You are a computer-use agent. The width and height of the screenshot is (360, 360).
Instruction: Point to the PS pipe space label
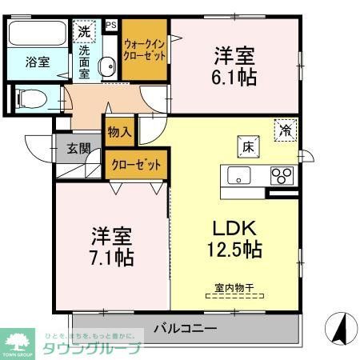pos(111,26)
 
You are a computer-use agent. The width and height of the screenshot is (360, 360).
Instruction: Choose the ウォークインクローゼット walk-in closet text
pos(145,51)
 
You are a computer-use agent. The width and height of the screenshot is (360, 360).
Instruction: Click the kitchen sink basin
pos(238,175)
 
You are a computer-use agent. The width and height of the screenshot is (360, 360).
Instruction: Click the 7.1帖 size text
pos(112,258)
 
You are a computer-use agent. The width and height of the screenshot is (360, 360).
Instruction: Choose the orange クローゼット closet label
pos(136,164)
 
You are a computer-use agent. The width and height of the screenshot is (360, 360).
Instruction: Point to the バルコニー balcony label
pos(185,329)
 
